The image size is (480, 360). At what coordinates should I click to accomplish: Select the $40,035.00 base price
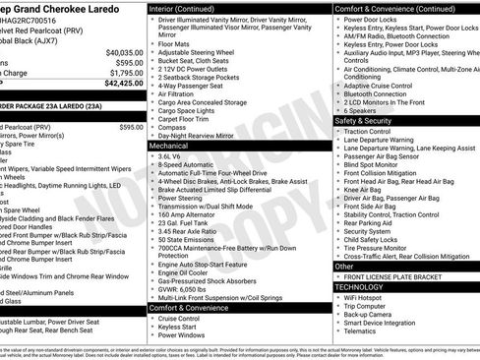pyautogui.click(x=122, y=51)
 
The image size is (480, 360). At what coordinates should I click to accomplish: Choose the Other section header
pyautogui.click(x=345, y=266)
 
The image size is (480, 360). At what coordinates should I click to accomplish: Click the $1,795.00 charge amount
pyautogui.click(x=123, y=72)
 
